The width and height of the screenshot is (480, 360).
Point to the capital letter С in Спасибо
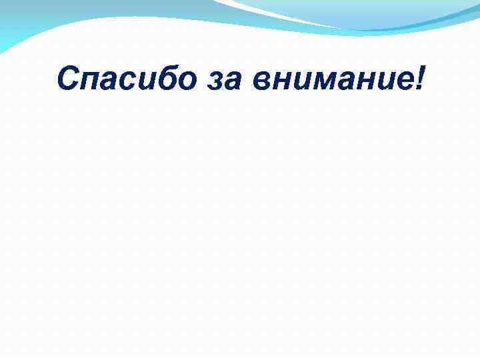(x=69, y=79)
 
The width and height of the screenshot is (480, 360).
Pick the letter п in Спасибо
(x=94, y=82)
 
